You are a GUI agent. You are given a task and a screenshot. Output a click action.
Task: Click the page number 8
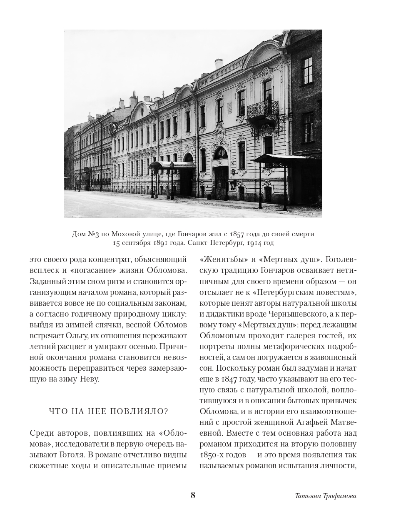click(x=193, y=495)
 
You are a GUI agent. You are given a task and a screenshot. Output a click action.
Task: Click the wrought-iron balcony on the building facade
click(x=263, y=109)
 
